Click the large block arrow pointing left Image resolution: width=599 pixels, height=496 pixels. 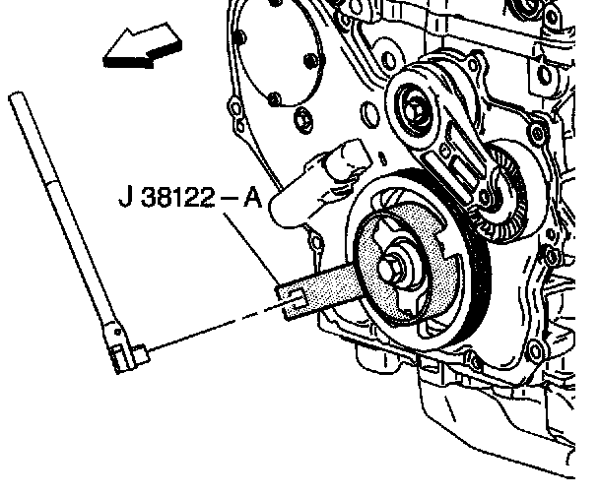tap(143, 47)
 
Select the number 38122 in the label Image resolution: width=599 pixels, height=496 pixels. tap(177, 197)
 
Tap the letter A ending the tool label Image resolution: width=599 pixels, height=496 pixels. tap(252, 197)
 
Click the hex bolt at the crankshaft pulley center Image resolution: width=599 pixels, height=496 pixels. tap(392, 267)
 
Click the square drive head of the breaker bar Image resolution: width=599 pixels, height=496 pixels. tap(140, 353)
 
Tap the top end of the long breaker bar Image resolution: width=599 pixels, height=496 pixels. tap(16, 96)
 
